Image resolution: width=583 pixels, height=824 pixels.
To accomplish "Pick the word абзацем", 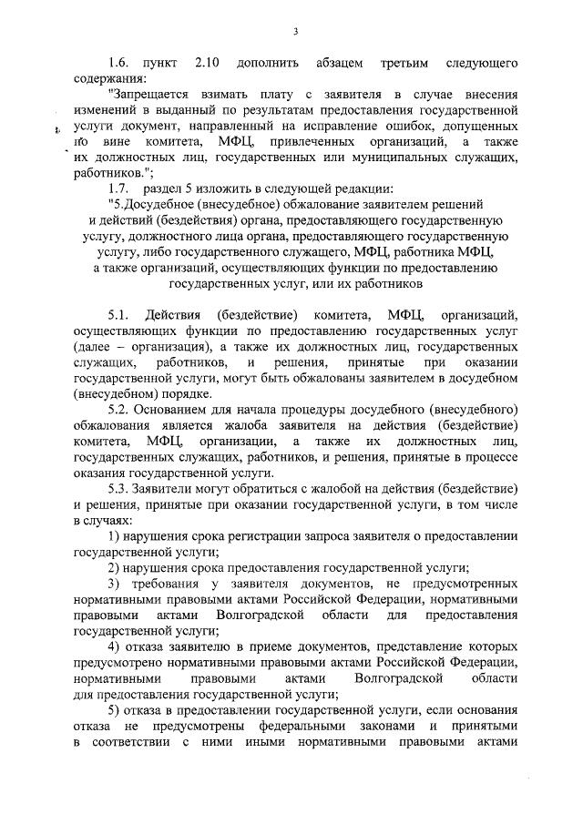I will point(340,64).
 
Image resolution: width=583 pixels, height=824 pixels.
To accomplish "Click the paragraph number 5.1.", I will point(119,315).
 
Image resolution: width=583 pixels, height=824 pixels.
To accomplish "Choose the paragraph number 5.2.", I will point(119,410).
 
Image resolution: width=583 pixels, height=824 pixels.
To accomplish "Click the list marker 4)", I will point(114,646).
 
